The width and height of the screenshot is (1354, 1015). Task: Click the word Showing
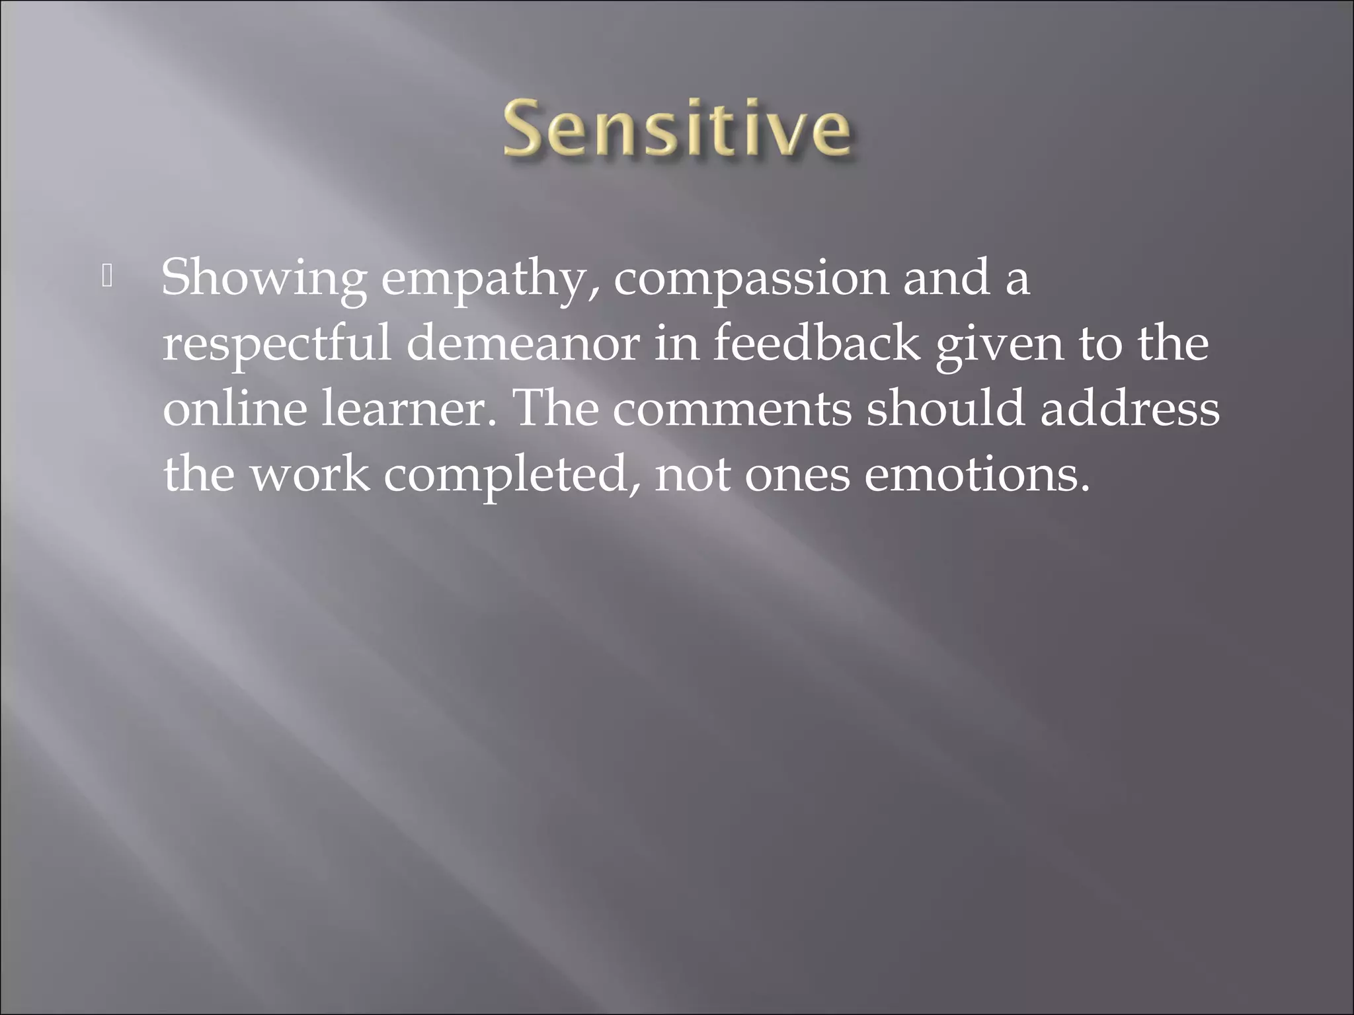[264, 278]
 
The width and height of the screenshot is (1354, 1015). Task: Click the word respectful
[277, 344]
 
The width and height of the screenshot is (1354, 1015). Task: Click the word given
[999, 344]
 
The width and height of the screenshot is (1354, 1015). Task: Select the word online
[235, 408]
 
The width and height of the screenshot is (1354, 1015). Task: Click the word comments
[733, 408]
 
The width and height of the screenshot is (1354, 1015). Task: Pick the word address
[1130, 408]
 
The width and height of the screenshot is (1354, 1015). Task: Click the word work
[309, 473]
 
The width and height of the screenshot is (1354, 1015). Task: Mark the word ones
[797, 473]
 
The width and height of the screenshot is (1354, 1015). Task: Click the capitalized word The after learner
[555, 408]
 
